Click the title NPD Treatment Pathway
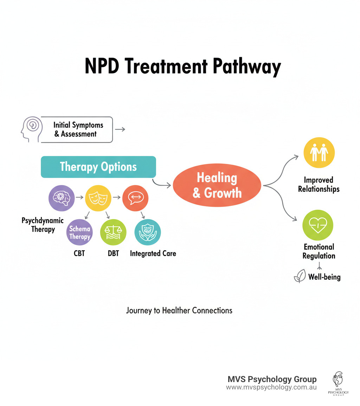(x=183, y=66)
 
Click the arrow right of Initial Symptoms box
(x=120, y=129)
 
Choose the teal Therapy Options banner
(x=98, y=167)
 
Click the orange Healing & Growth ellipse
(x=217, y=185)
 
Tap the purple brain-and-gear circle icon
(x=61, y=198)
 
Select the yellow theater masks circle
(x=98, y=198)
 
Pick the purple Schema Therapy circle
(x=79, y=233)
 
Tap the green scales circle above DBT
(x=113, y=232)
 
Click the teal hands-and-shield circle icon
(x=148, y=232)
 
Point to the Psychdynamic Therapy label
(x=43, y=225)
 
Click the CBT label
(x=79, y=253)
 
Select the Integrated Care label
(x=153, y=253)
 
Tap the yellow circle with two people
(x=319, y=153)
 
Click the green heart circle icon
(x=317, y=225)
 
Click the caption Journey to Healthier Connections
(x=179, y=311)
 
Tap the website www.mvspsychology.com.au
(x=271, y=387)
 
